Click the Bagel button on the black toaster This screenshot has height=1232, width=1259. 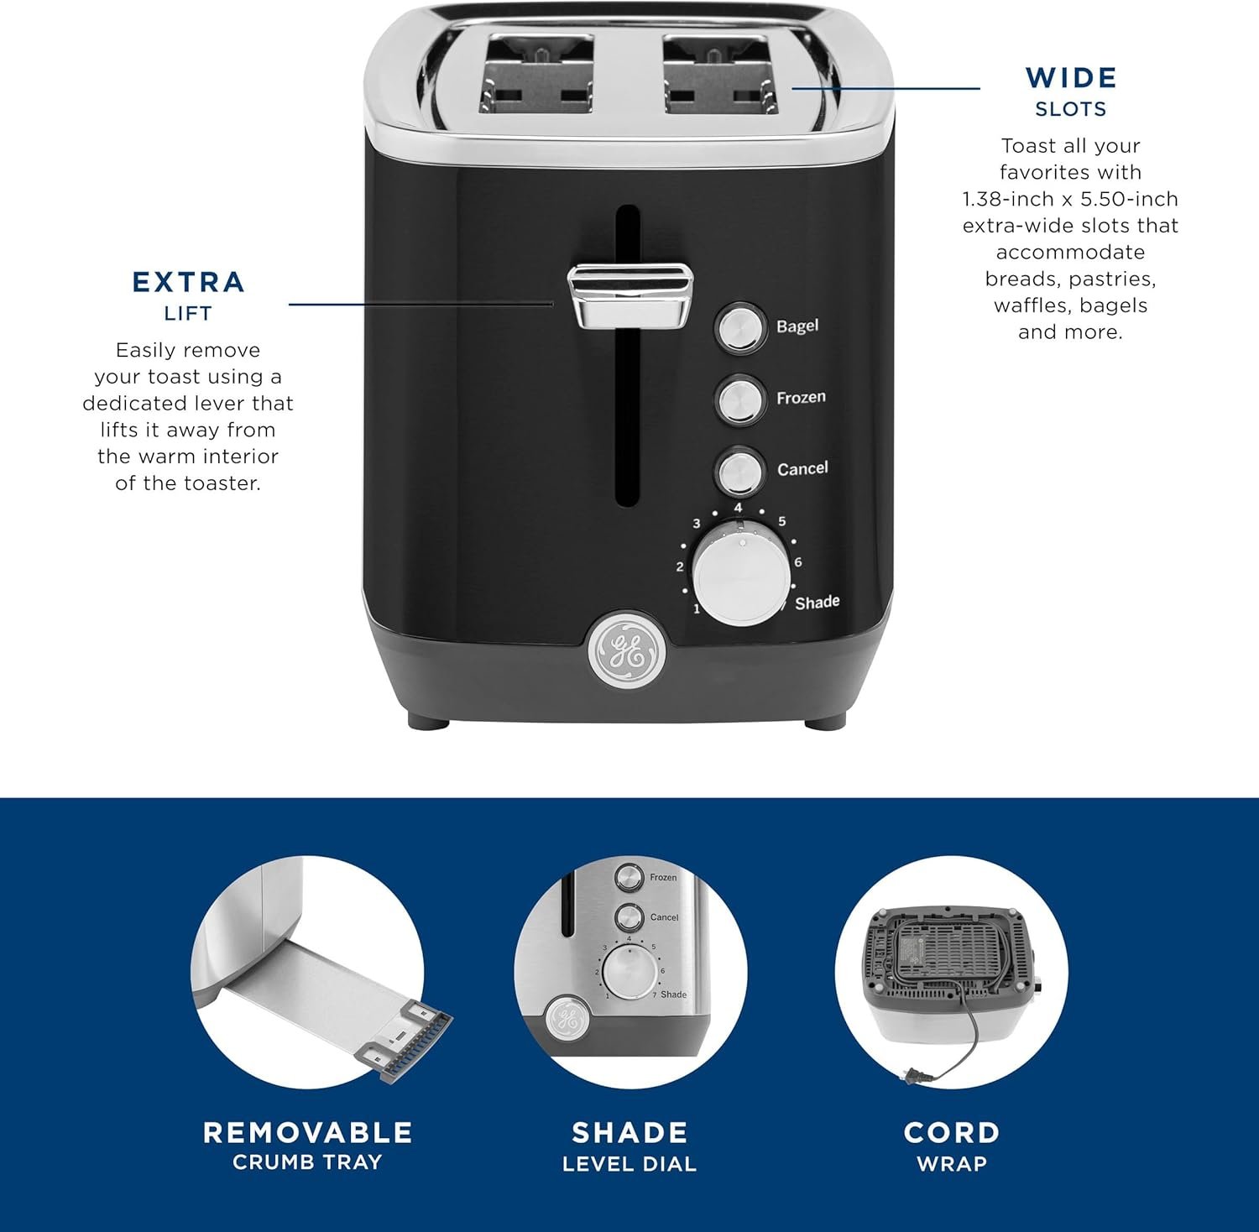tap(740, 327)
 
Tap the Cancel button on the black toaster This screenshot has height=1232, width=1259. tap(739, 471)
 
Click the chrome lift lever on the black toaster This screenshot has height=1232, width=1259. tap(629, 295)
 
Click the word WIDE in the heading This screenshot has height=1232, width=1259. tap(1071, 78)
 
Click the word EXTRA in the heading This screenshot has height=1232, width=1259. tap(189, 282)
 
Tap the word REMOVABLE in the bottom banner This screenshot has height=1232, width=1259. tap(308, 1133)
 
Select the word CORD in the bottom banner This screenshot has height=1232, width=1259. tap(952, 1133)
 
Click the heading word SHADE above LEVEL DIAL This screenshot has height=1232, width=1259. tap(629, 1133)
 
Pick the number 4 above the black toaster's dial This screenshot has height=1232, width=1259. tap(738, 508)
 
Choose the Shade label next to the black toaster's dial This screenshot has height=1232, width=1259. tap(817, 602)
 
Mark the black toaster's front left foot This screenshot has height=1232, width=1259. tap(429, 720)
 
